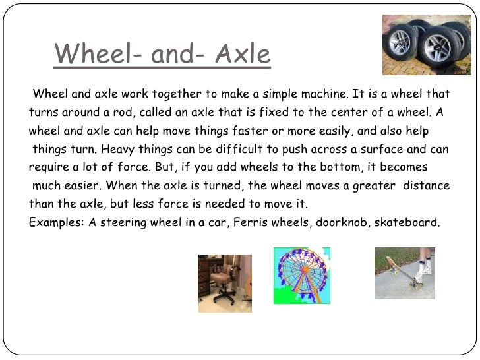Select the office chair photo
point(225,283)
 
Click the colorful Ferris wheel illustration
point(302,276)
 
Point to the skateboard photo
point(404,273)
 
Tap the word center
point(349,112)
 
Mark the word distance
point(427,186)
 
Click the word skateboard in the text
point(407,223)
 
